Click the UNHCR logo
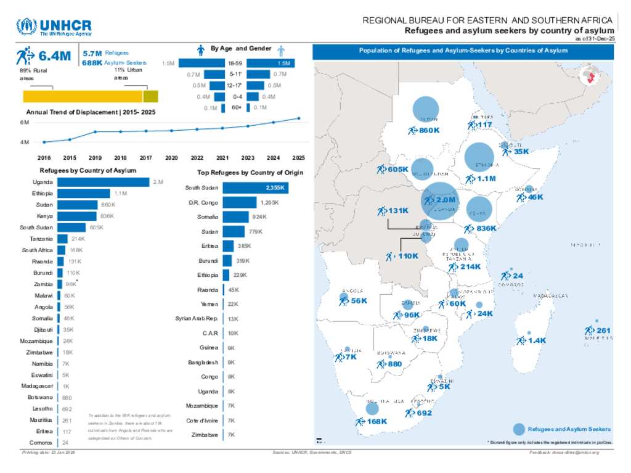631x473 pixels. coord(54,27)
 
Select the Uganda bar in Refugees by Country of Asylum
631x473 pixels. coord(104,182)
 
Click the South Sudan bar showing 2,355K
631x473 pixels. coord(247,187)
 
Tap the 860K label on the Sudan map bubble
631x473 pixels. coord(429,130)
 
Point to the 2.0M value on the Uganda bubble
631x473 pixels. coord(445,200)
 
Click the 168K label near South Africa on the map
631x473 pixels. coord(375,422)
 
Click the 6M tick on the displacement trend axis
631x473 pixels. coord(25,123)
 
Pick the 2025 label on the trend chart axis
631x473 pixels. coord(299,158)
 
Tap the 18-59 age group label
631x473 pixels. coord(234,64)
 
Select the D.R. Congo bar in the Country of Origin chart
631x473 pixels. coord(239,202)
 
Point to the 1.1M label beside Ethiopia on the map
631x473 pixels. coord(486,179)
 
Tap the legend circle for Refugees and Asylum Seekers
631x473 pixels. coord(519,429)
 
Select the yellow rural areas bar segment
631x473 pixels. coord(83,96)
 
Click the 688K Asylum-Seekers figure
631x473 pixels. coord(92,63)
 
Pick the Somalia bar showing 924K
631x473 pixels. coord(235,217)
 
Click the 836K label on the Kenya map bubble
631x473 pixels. coord(487,228)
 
